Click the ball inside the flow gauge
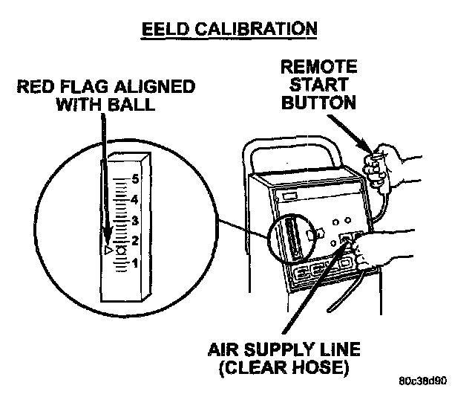click(x=120, y=250)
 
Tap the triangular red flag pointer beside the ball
click(x=108, y=252)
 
